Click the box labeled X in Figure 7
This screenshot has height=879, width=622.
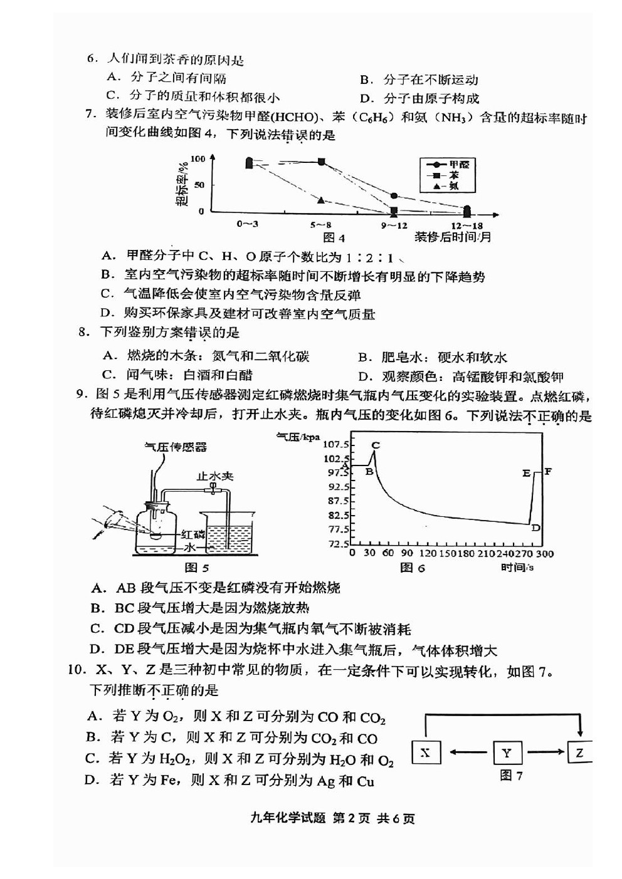click(x=426, y=752)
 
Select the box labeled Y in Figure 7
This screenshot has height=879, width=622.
click(x=507, y=752)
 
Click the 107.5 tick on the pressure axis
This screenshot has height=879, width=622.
click(x=335, y=444)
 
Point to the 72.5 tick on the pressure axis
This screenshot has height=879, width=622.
click(x=338, y=544)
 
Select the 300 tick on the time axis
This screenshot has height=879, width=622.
click(x=545, y=553)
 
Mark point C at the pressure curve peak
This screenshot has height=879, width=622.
click(x=375, y=445)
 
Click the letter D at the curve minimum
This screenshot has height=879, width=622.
click(x=536, y=528)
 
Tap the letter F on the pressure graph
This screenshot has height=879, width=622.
click(x=548, y=471)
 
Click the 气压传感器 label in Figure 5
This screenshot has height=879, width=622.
click(x=176, y=447)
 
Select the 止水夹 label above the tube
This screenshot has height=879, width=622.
click(x=215, y=476)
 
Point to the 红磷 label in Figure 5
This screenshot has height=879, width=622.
click(x=193, y=534)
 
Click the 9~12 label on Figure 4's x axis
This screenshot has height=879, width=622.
click(x=394, y=226)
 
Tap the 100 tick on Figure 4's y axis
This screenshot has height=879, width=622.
click(x=198, y=159)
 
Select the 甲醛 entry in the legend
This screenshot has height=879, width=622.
click(x=458, y=165)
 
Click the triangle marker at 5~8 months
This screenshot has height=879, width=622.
click(x=321, y=200)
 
